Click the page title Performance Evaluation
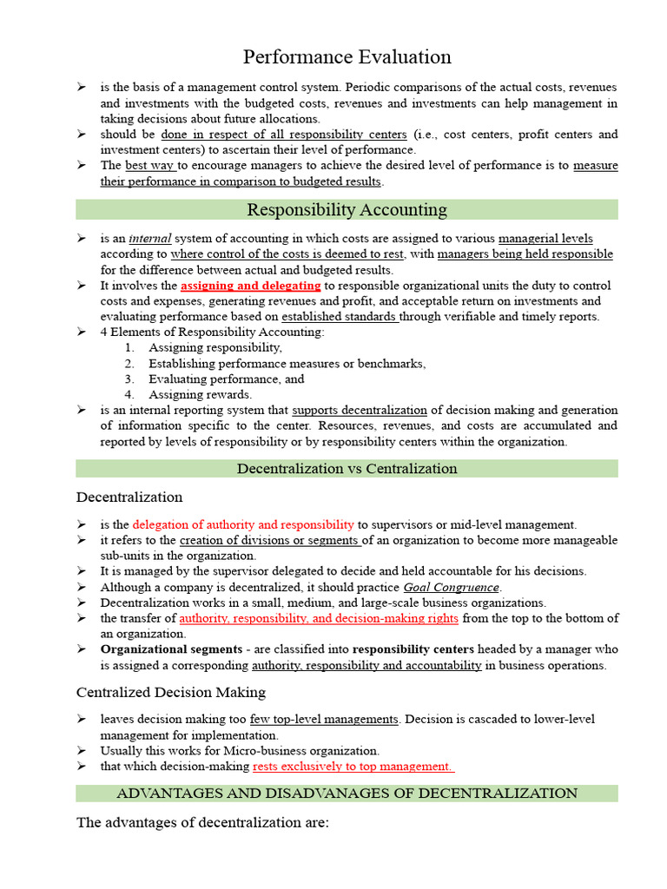tap(347, 57)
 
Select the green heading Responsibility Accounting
tap(347, 210)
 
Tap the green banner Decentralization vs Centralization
tap(347, 469)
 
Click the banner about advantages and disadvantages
tap(347, 793)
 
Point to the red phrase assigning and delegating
tap(251, 286)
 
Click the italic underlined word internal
tap(150, 239)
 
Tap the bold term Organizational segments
tap(171, 649)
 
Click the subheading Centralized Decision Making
tap(171, 692)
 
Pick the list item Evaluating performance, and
tap(226, 379)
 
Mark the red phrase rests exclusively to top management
tap(353, 766)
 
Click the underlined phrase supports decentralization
tap(360, 410)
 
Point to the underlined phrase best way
tap(150, 165)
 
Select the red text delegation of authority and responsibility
tap(243, 524)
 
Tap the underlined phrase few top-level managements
tap(324, 720)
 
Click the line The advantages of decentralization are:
tap(202, 822)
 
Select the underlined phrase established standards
tap(340, 317)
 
